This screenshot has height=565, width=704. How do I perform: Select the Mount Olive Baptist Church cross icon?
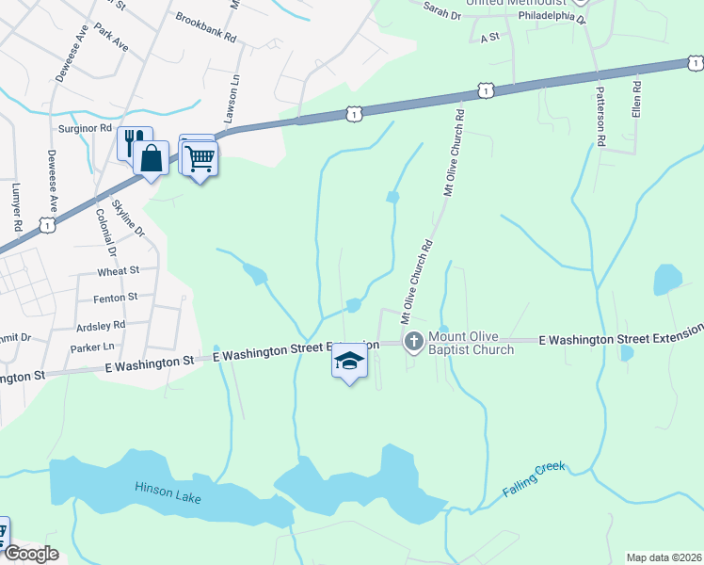click(412, 341)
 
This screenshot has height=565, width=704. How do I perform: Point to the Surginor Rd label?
click(87, 127)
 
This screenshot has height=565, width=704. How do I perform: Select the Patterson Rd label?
click(600, 116)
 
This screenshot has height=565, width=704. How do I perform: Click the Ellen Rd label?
click(637, 97)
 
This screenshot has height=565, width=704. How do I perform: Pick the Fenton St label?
click(116, 298)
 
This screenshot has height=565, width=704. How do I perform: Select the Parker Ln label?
click(91, 348)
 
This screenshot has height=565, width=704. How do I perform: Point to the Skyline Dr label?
click(129, 218)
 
